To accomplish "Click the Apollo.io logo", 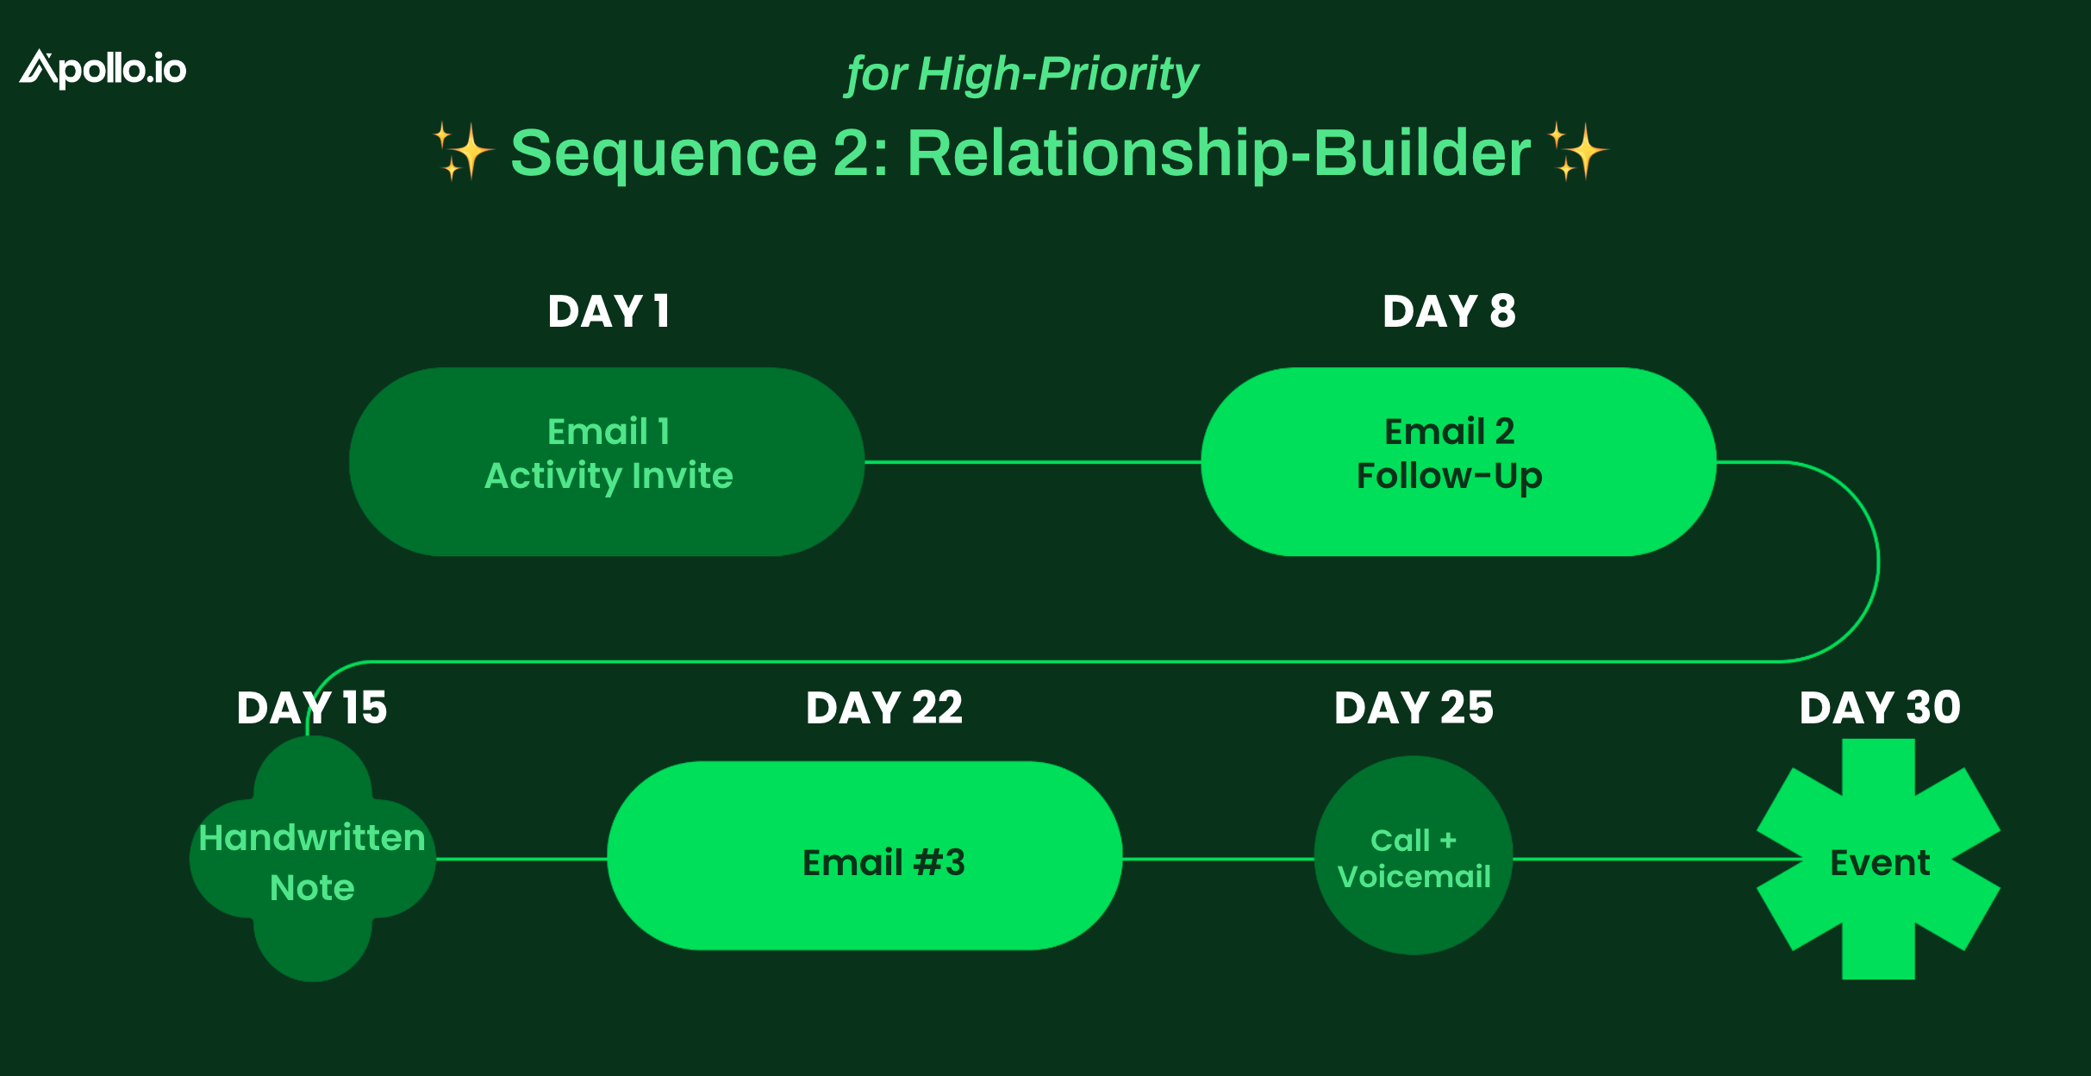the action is tap(103, 69).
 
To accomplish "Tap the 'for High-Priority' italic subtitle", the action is tap(1022, 74).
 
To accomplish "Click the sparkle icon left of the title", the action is tap(463, 152).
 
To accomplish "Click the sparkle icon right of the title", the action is tap(1577, 152).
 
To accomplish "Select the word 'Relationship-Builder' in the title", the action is tap(1219, 153).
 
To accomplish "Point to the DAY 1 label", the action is tap(609, 311).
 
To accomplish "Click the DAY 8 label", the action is tap(1449, 311).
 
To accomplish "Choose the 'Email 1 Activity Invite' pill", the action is tap(607, 462).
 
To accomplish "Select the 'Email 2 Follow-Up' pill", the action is tap(1458, 462).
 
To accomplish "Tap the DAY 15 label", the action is tap(312, 708).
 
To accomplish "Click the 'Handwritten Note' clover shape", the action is tap(313, 859).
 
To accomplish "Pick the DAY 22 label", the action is tap(884, 708).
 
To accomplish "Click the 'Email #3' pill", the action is tap(864, 856).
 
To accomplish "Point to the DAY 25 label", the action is tap(1414, 708).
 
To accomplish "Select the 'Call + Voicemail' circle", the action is tap(1414, 855).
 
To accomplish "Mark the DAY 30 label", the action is tap(1880, 708).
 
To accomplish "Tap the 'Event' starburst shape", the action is tap(1879, 860).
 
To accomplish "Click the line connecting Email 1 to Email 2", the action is tap(1033, 462).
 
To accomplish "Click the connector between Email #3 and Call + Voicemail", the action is tap(1218, 859).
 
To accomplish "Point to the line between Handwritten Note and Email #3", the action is tap(521, 859).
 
